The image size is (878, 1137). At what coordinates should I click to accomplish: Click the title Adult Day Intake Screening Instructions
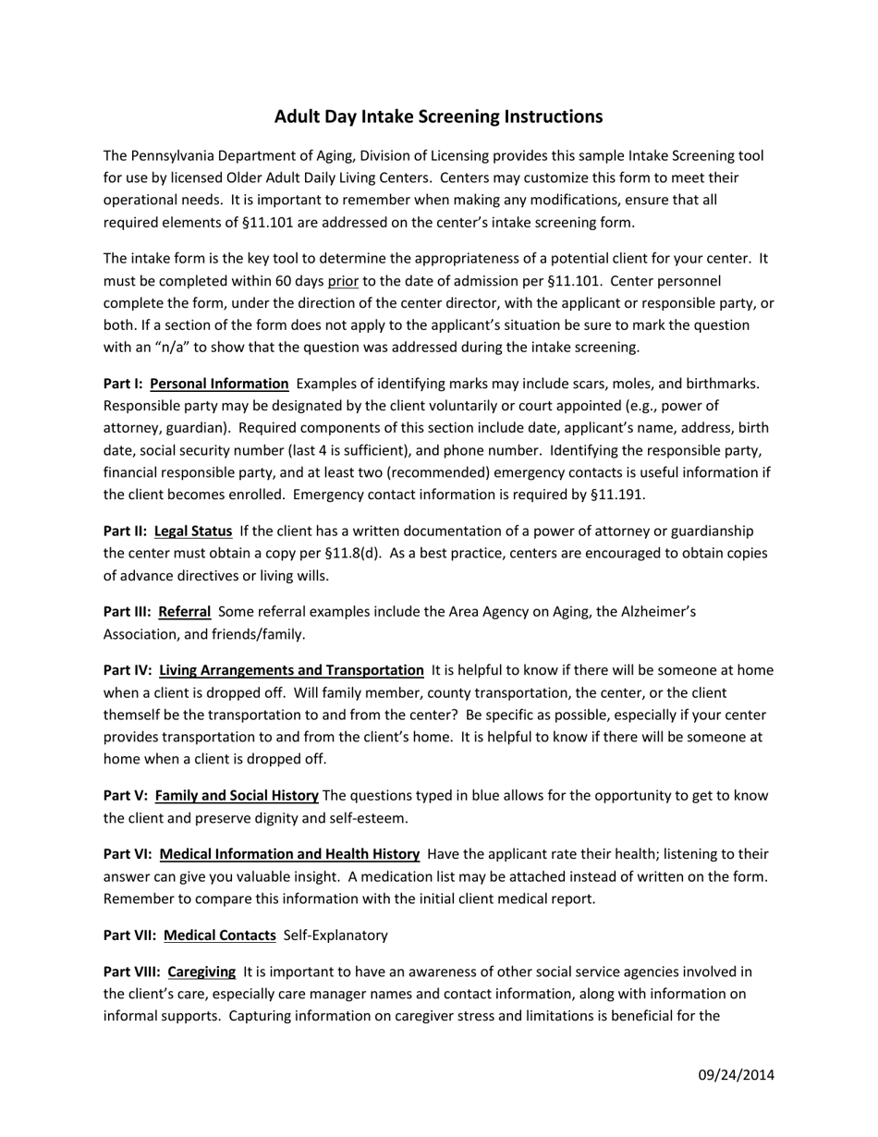(438, 116)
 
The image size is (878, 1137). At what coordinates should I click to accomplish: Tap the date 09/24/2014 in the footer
(736, 1074)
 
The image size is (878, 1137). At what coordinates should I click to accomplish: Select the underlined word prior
(343, 281)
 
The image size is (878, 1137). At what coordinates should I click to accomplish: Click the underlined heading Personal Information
(219, 384)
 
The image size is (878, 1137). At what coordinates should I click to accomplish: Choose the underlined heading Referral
(185, 612)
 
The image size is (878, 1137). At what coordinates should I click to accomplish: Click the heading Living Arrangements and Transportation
(291, 670)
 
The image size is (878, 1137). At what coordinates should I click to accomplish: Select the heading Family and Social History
(237, 796)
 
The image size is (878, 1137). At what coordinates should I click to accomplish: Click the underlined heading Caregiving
(201, 972)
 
